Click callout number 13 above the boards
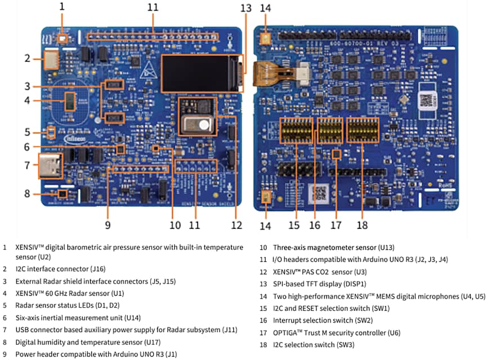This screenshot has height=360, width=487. tap(246, 8)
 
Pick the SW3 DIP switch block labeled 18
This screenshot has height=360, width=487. tap(363, 130)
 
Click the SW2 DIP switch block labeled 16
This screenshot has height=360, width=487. tap(329, 130)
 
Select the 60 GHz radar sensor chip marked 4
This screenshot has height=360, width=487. tap(69, 101)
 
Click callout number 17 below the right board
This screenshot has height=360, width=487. tap(336, 225)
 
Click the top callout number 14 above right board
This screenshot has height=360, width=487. tap(265, 8)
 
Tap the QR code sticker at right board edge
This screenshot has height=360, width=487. tap(429, 101)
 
